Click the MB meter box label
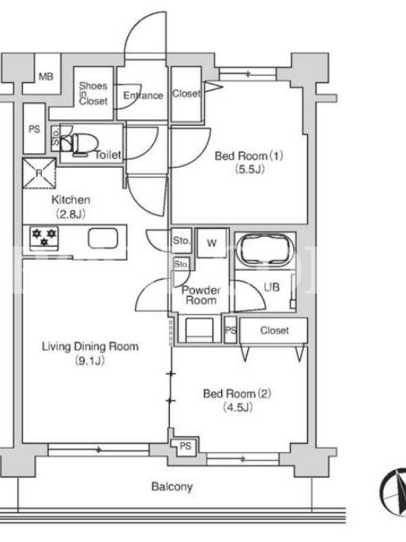point(46,76)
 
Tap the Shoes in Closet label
point(93,93)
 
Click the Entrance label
point(143,96)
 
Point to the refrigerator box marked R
point(39,173)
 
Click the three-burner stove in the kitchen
point(44,237)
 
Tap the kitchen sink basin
point(103,238)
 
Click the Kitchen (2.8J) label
point(71,207)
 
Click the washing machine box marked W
point(212,243)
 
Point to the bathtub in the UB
point(265,250)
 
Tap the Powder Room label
point(201,295)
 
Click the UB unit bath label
point(271,287)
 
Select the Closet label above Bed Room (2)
point(275,330)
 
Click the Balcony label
point(172,487)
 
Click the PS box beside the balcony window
point(185,446)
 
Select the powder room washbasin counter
point(199,330)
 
